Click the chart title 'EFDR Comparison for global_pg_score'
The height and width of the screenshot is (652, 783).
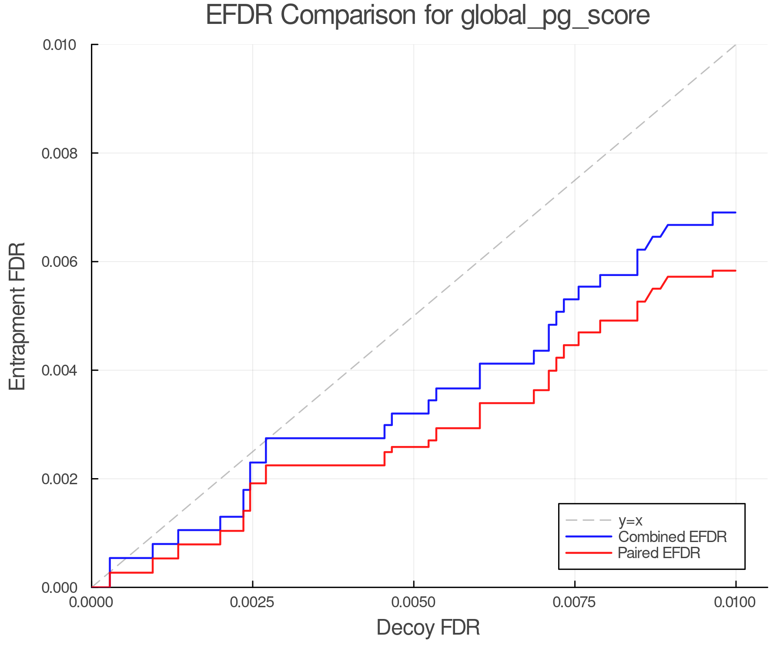428,15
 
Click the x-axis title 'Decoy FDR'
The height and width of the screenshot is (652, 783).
428,628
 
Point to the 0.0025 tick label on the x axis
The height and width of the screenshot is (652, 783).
252,602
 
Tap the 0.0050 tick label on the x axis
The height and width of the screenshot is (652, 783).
413,602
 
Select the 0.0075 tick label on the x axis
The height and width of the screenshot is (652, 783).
575,602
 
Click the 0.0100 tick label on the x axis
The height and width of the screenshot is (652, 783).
736,602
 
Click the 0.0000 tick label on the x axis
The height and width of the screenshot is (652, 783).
91,602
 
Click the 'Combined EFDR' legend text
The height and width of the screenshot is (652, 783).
672,537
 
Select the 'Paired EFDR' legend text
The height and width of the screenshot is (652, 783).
659,553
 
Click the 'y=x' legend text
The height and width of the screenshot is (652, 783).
630,520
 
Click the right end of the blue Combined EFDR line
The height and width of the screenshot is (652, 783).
735,213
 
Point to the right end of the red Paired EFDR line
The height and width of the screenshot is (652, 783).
735,271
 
